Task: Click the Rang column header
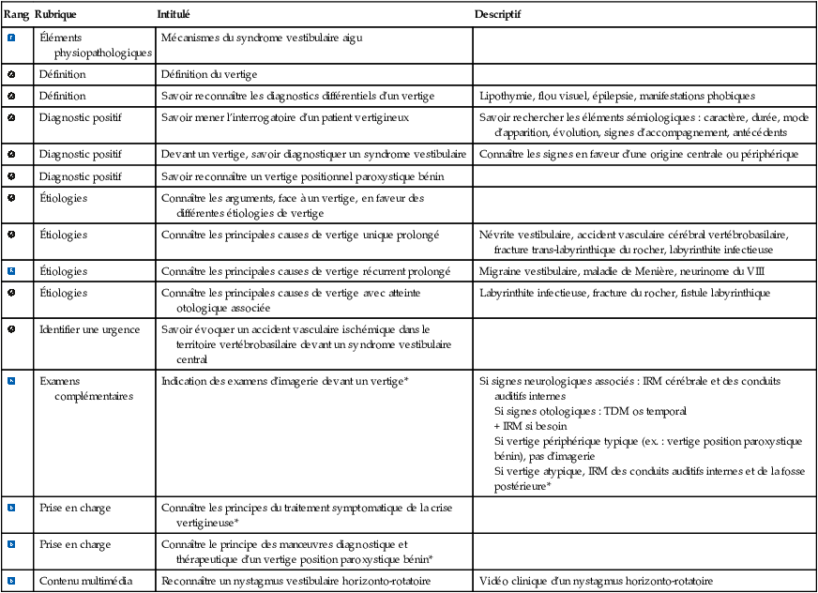(16, 16)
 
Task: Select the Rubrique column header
(55, 16)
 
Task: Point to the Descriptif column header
(499, 16)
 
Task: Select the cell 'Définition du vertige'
(208, 73)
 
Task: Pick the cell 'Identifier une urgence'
(89, 329)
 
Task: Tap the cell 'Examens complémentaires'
(85, 388)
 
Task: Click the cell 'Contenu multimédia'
(85, 581)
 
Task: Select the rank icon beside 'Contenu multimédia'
(11, 581)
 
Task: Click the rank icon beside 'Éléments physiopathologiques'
(11, 38)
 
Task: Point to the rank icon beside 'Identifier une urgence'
(11, 329)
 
